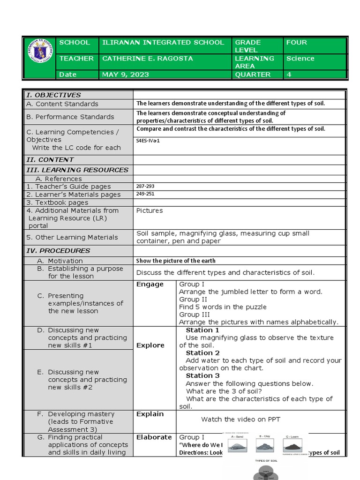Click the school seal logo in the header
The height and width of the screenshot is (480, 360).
point(39,58)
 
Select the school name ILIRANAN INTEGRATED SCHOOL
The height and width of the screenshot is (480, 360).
point(163,43)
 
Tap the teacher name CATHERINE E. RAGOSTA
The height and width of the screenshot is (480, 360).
point(141,59)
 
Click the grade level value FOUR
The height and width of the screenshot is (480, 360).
point(296,43)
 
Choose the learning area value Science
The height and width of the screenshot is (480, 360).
point(300,59)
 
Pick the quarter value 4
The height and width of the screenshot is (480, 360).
point(289,75)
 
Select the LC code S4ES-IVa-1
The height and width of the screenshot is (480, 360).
point(148,140)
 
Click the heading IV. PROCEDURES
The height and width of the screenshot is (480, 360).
point(58,251)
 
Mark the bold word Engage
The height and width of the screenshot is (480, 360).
point(150,285)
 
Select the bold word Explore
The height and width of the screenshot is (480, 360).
point(150,345)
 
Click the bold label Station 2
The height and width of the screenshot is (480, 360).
point(202,353)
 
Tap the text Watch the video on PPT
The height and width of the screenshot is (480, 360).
point(240,419)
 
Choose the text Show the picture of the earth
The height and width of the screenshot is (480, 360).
point(176,261)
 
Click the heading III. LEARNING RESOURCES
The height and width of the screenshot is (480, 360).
point(77,170)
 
